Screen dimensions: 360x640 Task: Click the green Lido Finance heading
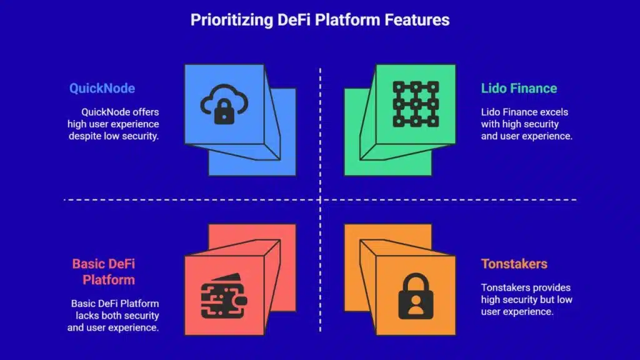(x=519, y=88)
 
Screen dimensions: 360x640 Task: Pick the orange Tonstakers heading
(x=514, y=264)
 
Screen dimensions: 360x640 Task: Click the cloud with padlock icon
(x=224, y=104)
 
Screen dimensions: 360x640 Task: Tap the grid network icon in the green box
(x=416, y=104)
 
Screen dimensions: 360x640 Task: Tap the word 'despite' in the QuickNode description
(x=86, y=136)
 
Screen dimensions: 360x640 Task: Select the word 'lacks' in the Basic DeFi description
(x=84, y=316)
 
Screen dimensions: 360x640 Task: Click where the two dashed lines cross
(x=320, y=200)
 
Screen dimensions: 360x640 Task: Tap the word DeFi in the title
(x=296, y=20)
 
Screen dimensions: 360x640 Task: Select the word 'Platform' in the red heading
(x=109, y=279)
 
